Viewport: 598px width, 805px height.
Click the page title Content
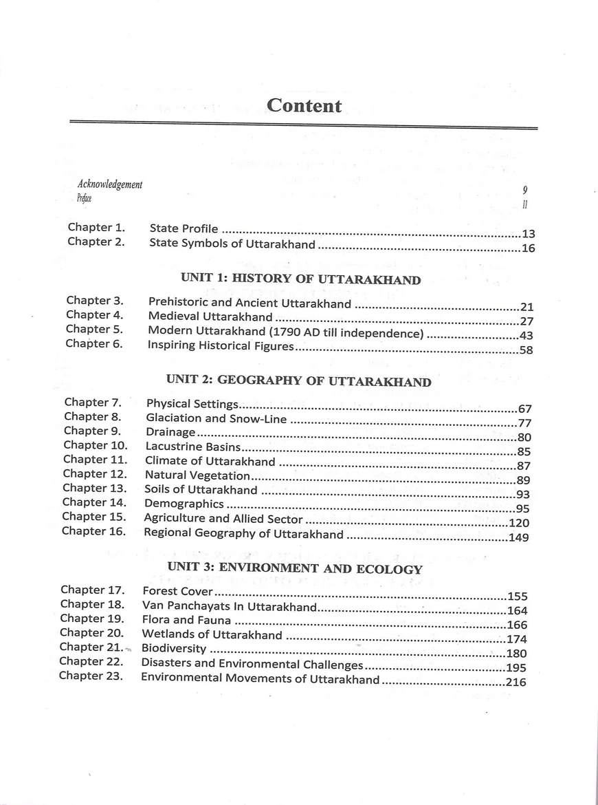coord(304,105)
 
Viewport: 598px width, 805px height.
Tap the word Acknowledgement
coord(110,184)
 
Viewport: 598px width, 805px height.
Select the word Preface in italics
coord(85,199)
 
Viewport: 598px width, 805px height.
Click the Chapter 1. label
coord(96,227)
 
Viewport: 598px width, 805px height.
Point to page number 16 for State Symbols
coord(528,248)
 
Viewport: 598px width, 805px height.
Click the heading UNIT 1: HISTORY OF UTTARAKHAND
coord(300,279)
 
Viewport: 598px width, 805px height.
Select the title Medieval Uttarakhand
coord(210,317)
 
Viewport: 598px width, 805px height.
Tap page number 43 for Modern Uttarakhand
coord(527,336)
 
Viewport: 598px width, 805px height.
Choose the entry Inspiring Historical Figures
coord(221,346)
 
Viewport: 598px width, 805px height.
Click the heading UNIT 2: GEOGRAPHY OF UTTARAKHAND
coord(299,382)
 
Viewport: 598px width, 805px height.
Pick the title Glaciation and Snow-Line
coord(217,418)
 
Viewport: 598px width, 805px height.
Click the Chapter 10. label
coord(96,445)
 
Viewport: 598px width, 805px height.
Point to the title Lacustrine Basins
coord(192,447)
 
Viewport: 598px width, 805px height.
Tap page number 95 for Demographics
coord(522,509)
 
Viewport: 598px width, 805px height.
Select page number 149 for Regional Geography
coord(519,537)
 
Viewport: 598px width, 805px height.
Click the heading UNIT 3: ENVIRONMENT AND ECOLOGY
coord(295,569)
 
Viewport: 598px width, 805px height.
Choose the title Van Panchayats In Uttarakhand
coord(229,607)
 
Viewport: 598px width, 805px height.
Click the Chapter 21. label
coord(91,647)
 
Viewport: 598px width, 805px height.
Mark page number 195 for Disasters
coord(516,668)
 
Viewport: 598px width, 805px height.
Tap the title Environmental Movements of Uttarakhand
coord(260,679)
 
